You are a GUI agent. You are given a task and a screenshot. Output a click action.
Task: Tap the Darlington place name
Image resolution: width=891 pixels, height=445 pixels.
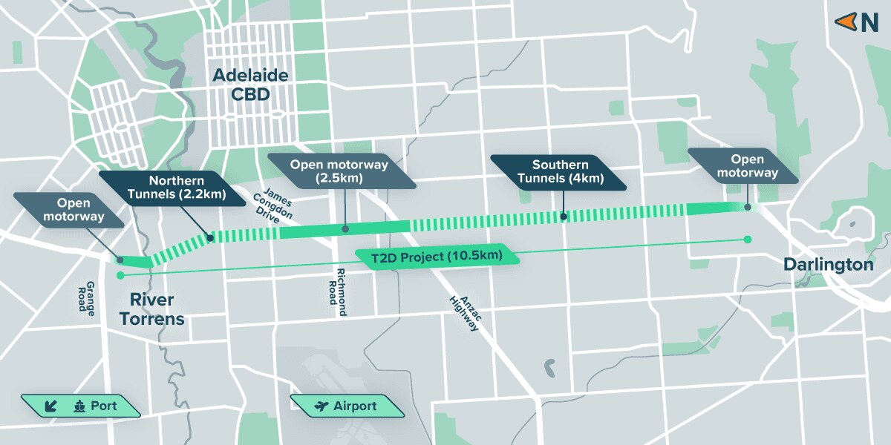pos(828,265)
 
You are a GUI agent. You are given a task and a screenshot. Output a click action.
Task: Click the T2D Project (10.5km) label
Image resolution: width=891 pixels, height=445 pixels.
pos(436,257)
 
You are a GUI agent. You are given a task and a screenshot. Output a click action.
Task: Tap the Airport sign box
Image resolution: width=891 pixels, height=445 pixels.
pos(347,406)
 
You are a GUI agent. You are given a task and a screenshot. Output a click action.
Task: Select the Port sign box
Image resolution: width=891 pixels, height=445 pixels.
pos(80,406)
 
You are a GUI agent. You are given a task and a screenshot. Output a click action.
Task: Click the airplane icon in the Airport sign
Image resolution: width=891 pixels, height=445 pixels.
pos(322,406)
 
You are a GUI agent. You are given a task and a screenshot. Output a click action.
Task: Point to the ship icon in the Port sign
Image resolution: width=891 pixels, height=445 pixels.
pos(79,406)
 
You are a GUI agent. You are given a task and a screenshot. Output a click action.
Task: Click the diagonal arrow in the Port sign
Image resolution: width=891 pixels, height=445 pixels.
pos(51,406)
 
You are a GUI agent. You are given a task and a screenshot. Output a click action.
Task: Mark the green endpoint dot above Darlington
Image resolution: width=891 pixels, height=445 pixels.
pos(748,239)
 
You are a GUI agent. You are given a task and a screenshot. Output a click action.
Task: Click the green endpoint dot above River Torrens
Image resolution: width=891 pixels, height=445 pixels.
pos(120,276)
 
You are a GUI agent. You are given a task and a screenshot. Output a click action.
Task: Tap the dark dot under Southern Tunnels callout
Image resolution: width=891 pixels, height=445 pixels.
pos(564,217)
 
